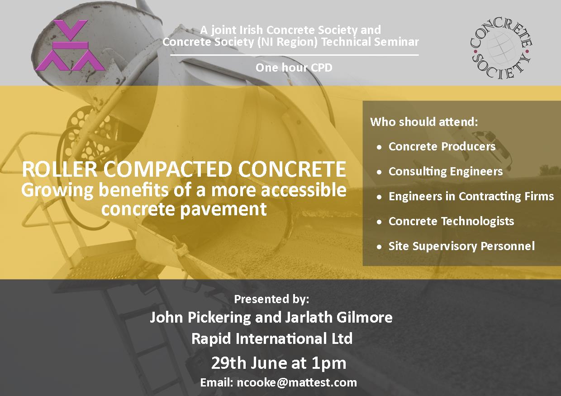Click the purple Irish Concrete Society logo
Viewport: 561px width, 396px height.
(70, 45)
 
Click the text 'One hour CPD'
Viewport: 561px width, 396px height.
(294, 68)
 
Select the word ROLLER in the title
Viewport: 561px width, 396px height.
(60, 169)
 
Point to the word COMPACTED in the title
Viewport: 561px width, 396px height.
(167, 169)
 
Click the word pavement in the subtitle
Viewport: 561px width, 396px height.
(223, 209)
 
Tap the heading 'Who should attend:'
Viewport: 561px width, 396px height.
(424, 122)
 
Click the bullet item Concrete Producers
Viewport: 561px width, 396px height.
(442, 146)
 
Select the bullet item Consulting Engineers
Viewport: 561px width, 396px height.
(446, 172)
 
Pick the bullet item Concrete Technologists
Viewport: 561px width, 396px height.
(452, 221)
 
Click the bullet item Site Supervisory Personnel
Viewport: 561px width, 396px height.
(461, 246)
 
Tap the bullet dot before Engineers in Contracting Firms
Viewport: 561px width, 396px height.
(380, 197)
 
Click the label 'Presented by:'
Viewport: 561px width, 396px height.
(271, 299)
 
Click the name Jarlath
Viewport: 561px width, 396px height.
(309, 317)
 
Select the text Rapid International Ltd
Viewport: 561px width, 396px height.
(272, 338)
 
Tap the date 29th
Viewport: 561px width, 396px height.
(229, 363)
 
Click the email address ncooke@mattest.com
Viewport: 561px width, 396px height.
(297, 383)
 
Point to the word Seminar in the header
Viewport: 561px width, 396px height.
(395, 42)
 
